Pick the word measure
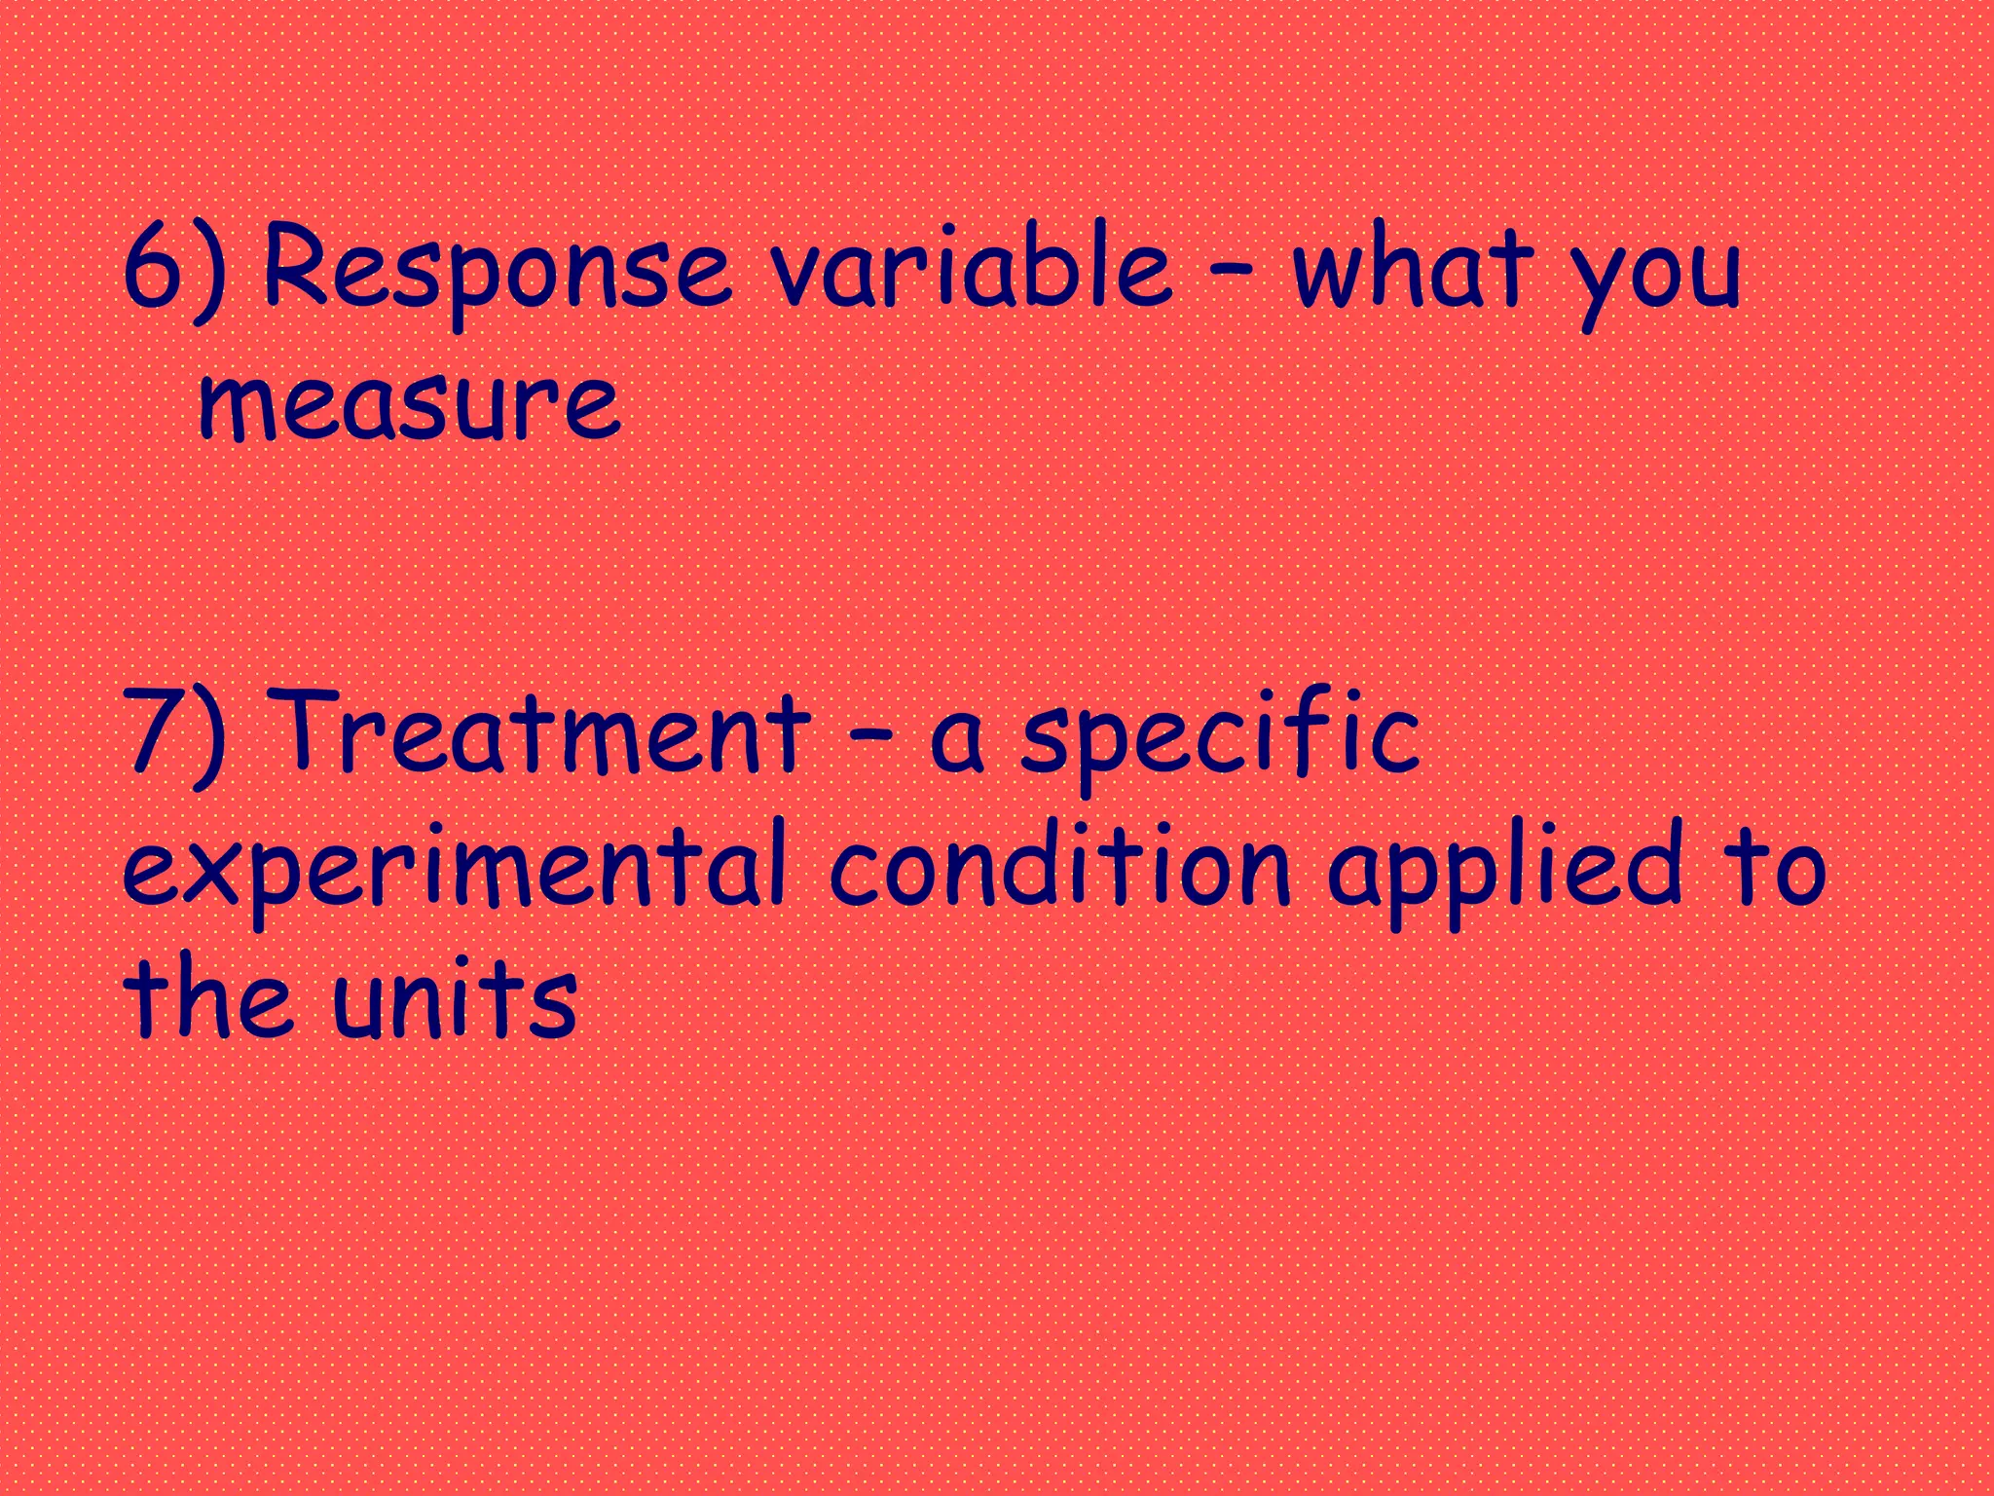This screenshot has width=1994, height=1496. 409,401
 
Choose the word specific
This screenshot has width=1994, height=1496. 1220,735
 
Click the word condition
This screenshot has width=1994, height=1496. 1059,867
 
